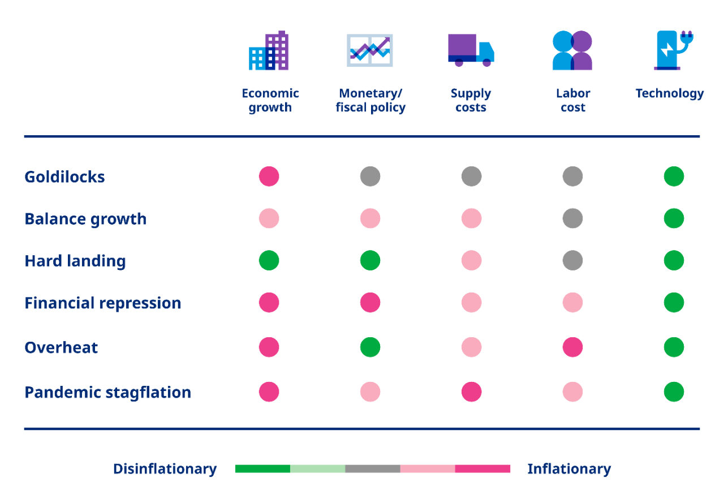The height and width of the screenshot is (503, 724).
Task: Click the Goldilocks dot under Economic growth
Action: point(269,177)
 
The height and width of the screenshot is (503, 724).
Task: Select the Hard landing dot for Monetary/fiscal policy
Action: point(370,260)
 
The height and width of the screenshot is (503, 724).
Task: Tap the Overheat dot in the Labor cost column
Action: point(572,347)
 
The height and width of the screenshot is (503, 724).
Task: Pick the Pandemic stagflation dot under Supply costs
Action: point(471,392)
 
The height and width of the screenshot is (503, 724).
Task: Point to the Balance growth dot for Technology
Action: point(674,218)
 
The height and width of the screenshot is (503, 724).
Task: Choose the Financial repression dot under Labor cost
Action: point(572,303)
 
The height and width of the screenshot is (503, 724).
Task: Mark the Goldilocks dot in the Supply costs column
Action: point(471,177)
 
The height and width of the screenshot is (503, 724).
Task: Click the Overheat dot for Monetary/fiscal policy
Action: point(370,347)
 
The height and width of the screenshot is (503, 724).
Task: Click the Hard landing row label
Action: point(75,261)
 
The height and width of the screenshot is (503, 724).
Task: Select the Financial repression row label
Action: point(103,303)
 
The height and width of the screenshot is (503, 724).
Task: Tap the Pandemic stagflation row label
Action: point(107,392)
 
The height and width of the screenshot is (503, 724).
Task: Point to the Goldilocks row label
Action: point(64,177)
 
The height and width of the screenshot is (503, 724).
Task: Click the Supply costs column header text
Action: point(471,100)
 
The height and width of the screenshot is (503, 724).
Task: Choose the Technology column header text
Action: point(670,93)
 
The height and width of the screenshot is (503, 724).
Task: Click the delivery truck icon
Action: point(471,50)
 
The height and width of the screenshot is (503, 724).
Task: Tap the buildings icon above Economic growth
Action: point(269,51)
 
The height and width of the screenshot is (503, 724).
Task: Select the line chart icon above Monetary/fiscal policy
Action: point(370,50)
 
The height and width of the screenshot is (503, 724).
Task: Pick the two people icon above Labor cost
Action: point(572,51)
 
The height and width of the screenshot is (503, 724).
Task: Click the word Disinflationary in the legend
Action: point(165,468)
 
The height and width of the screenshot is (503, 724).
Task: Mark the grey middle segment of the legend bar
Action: point(373,468)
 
